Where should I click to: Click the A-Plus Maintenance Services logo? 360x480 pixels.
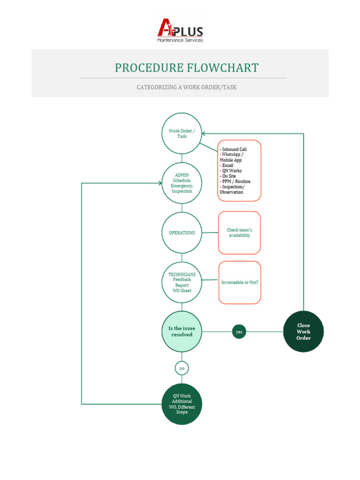pos(180,31)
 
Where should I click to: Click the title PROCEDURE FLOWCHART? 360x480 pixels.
pos(187,68)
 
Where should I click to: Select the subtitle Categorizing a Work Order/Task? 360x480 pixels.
pos(187,88)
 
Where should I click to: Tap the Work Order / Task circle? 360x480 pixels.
pos(182,134)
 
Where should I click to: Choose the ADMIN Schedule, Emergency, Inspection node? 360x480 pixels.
pos(182,183)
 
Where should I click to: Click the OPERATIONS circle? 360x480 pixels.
pos(182,233)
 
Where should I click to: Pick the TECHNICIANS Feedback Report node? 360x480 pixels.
pos(182,283)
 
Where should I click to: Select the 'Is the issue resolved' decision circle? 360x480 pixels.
pos(182,332)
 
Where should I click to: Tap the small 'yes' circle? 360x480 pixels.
pos(239,332)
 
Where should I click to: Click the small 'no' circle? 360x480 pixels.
pos(182,368)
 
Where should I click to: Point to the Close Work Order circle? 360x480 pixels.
pos(303,332)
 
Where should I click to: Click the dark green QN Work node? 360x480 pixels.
pos(182,404)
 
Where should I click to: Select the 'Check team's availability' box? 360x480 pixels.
pos(239,233)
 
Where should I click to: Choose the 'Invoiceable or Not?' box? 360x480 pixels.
pos(239,283)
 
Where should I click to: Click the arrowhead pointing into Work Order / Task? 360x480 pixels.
pos(204,134)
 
